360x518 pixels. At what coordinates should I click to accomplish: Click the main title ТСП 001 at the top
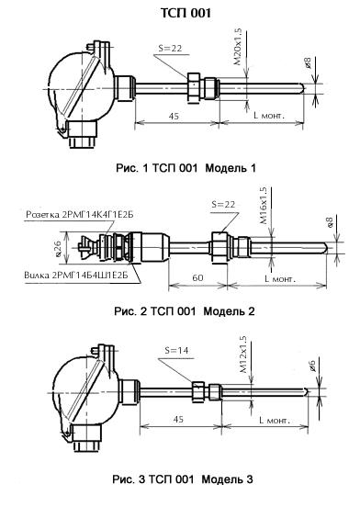point(186,13)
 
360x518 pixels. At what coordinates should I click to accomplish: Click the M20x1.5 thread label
point(238,47)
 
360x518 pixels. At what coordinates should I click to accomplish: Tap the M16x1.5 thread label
point(264,206)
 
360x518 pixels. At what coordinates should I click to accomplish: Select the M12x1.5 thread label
point(243,355)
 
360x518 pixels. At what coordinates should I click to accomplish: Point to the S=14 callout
point(177,351)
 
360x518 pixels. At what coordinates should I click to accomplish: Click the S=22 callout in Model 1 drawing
point(170,49)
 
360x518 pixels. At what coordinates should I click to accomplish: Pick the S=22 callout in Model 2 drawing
point(223,204)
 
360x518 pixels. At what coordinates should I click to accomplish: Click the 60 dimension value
point(197,278)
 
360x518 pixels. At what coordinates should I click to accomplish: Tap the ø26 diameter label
point(58,248)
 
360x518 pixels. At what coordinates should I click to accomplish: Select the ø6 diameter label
point(311,366)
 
